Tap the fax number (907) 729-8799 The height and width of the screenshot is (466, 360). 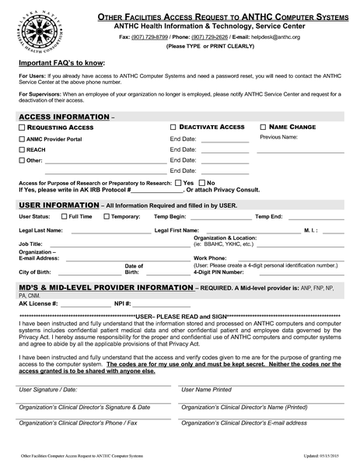[149, 37]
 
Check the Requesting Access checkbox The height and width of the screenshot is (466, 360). [21, 127]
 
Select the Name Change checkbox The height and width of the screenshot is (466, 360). [263, 127]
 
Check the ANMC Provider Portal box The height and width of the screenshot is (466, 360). [21, 138]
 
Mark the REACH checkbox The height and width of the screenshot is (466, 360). [21, 149]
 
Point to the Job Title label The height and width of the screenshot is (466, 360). [30, 244]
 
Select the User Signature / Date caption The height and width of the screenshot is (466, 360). [48, 389]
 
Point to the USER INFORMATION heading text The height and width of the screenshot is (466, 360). [58, 205]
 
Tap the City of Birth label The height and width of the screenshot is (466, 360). [35, 272]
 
